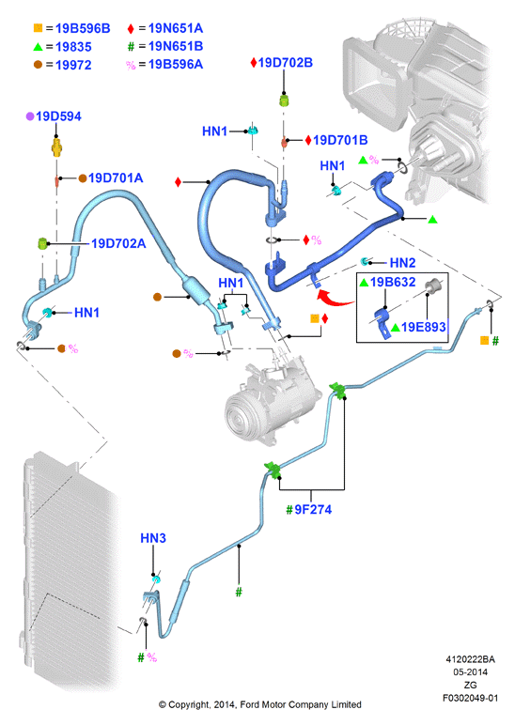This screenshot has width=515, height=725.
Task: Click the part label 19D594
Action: [x=58, y=116]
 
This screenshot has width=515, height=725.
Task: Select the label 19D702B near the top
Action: [x=286, y=62]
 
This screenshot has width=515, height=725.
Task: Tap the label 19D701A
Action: [x=116, y=178]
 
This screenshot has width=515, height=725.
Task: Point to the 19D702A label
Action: [x=118, y=243]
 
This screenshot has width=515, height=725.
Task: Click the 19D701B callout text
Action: [x=340, y=140]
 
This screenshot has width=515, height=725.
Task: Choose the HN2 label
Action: [x=402, y=263]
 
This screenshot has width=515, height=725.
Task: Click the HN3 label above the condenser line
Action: [x=153, y=538]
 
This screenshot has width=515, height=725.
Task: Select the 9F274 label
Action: [x=313, y=510]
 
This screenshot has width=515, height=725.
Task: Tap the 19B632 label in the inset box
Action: [x=393, y=282]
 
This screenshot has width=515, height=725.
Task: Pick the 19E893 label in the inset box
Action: [x=424, y=327]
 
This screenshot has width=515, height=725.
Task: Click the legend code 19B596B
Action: [x=83, y=29]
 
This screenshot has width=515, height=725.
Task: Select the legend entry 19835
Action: [x=73, y=47]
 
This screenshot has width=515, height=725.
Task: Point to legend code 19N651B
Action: [x=176, y=46]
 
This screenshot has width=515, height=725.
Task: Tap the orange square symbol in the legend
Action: [x=38, y=28]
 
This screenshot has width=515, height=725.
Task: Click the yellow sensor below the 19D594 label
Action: [x=56, y=147]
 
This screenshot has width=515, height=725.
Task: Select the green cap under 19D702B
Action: [x=284, y=100]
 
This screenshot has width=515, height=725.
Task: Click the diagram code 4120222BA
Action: [x=470, y=659]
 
